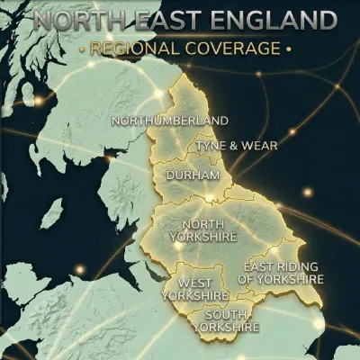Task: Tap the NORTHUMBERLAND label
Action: tap(169, 121)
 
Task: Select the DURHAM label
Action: tap(193, 174)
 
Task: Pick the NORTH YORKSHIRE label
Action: tap(210, 230)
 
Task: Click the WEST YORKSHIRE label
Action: tap(196, 289)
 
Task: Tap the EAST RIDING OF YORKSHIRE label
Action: tap(281, 274)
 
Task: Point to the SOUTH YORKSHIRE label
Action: tap(227, 321)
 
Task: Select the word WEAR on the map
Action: tap(262, 145)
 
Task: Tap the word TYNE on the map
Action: tap(212, 145)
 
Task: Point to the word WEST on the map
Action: tap(195, 283)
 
